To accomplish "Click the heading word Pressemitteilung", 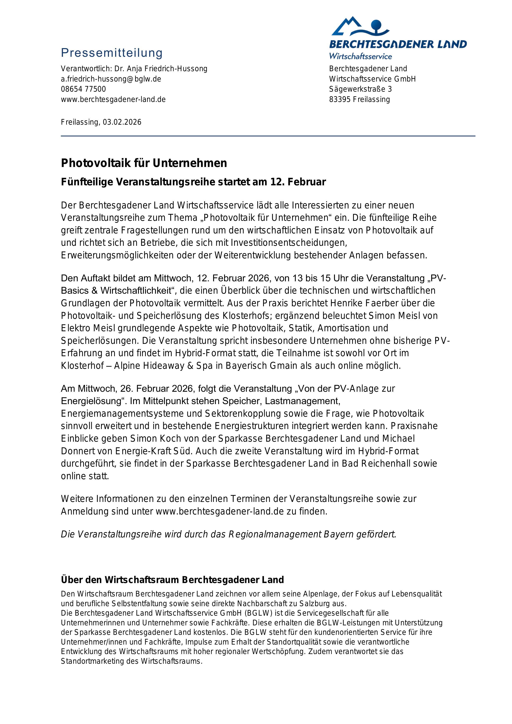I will click(112, 53).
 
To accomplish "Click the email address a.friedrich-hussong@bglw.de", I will click(111, 79).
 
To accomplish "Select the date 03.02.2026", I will click(122, 122).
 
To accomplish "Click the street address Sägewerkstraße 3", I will click(360, 89).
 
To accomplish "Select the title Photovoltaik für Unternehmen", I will click(144, 163).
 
